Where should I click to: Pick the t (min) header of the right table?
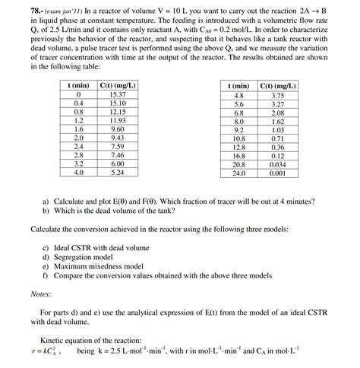238,87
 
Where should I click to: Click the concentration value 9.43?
117,138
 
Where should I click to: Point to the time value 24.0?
238,173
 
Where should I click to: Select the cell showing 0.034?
277,163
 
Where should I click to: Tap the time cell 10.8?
238,138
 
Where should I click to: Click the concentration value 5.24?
117,172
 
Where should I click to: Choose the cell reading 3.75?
277,96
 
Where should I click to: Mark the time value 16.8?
238,155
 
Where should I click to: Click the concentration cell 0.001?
277,173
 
